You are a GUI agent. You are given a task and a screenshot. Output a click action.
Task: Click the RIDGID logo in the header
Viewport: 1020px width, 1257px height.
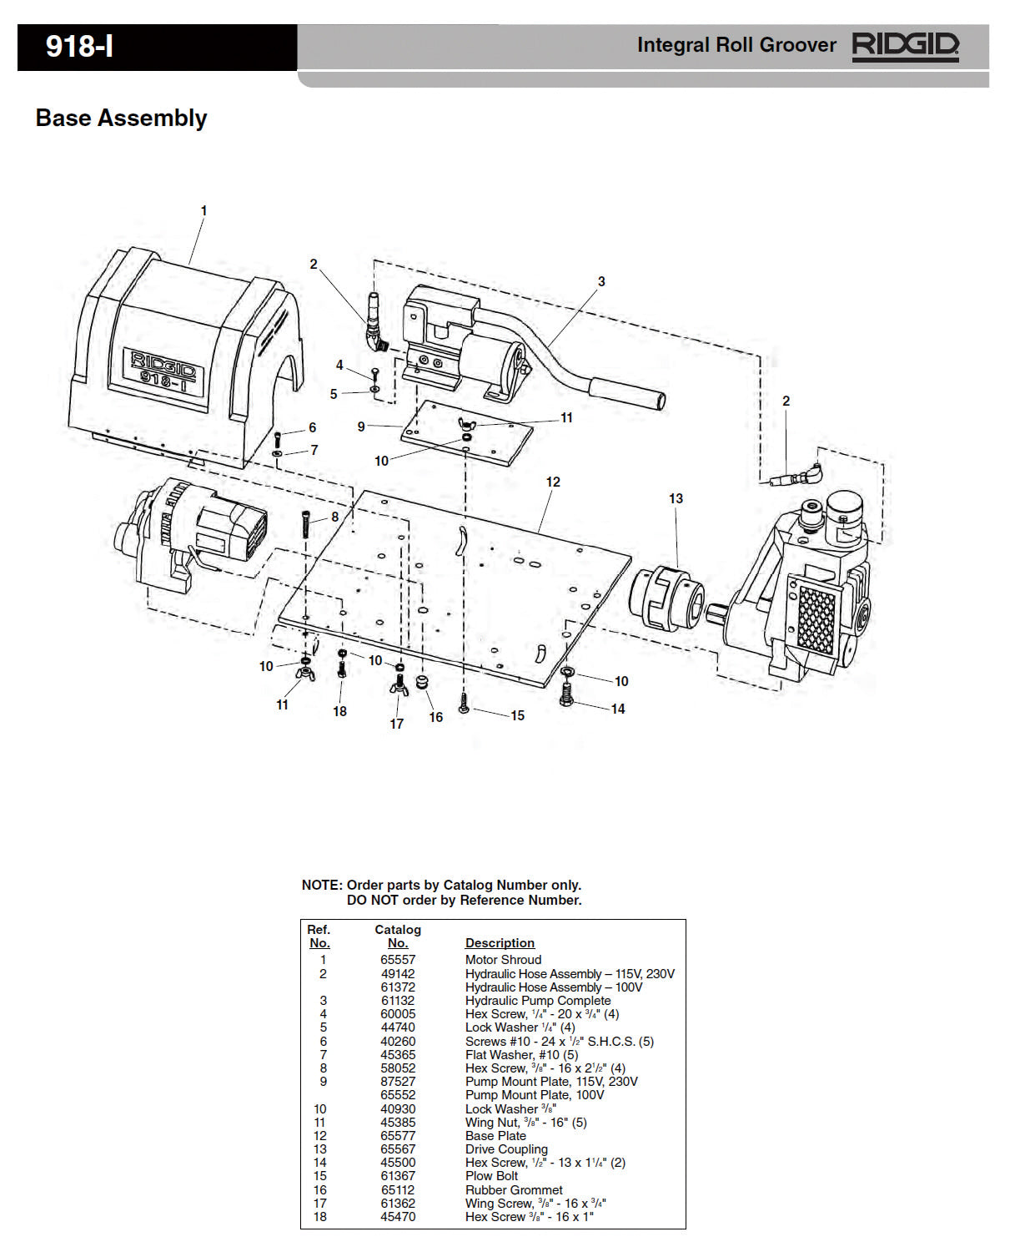(x=905, y=45)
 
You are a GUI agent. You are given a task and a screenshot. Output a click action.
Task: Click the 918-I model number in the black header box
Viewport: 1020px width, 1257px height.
(x=79, y=47)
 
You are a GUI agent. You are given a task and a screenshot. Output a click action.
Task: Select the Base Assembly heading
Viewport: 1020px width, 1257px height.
(x=121, y=119)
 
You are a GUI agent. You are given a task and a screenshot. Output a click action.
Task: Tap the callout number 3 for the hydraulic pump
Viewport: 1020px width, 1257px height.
(x=601, y=282)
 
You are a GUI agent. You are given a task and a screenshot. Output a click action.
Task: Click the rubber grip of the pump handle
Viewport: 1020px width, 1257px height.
(x=627, y=394)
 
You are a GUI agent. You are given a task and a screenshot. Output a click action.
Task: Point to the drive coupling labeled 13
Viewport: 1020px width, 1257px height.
(x=667, y=594)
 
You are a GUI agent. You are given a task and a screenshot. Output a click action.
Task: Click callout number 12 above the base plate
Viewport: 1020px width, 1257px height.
(x=553, y=482)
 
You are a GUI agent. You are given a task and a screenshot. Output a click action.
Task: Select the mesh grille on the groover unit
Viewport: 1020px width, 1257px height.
(x=816, y=618)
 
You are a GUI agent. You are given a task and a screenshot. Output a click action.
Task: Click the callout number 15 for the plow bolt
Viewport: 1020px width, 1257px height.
(x=517, y=716)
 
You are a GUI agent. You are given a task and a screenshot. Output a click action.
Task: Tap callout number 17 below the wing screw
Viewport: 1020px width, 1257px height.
(x=397, y=724)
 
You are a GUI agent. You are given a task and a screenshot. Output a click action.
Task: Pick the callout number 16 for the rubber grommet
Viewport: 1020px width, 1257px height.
(x=435, y=718)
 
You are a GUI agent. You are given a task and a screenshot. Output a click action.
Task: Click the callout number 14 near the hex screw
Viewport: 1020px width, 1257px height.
(x=618, y=709)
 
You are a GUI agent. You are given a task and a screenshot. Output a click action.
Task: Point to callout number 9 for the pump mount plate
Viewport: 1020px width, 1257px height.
(x=361, y=427)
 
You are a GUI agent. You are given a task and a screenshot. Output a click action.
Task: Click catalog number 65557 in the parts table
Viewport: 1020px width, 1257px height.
(x=398, y=960)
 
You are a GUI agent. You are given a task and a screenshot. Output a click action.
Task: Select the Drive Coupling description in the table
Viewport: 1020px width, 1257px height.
(x=506, y=1149)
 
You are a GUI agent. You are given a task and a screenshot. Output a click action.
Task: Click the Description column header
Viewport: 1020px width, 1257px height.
(x=500, y=943)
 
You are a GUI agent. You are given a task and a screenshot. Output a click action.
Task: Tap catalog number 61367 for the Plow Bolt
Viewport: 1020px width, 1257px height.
(x=398, y=1176)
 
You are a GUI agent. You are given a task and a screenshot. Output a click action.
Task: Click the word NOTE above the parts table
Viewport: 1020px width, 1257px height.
(x=322, y=886)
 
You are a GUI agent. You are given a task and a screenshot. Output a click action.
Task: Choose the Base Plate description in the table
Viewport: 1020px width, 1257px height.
(x=495, y=1136)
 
